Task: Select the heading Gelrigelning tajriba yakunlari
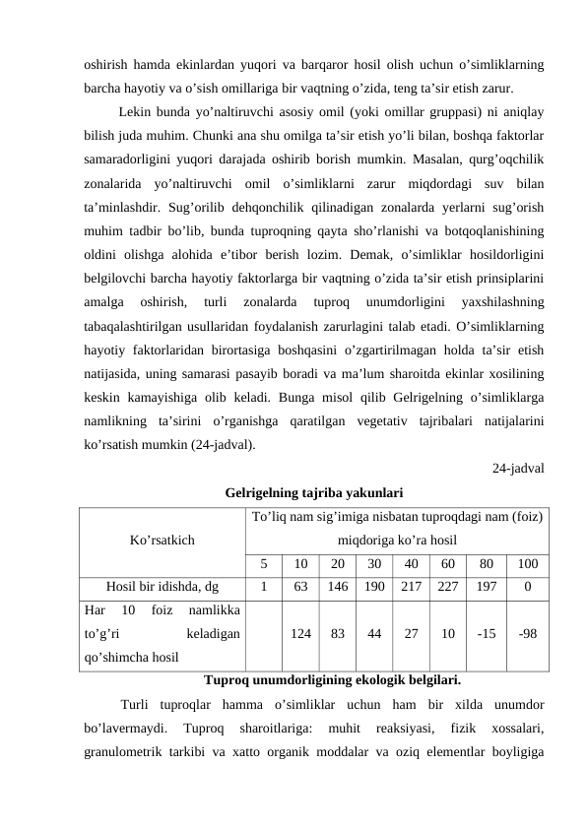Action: coord(314,492)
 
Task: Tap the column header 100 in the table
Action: coord(527,564)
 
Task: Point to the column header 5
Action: coord(264,564)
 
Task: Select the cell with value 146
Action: coord(338,588)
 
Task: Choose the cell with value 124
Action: coord(300,635)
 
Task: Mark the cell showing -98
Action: coord(527,635)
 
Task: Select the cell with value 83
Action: coord(338,635)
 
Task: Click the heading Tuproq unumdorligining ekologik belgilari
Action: coord(332,679)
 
